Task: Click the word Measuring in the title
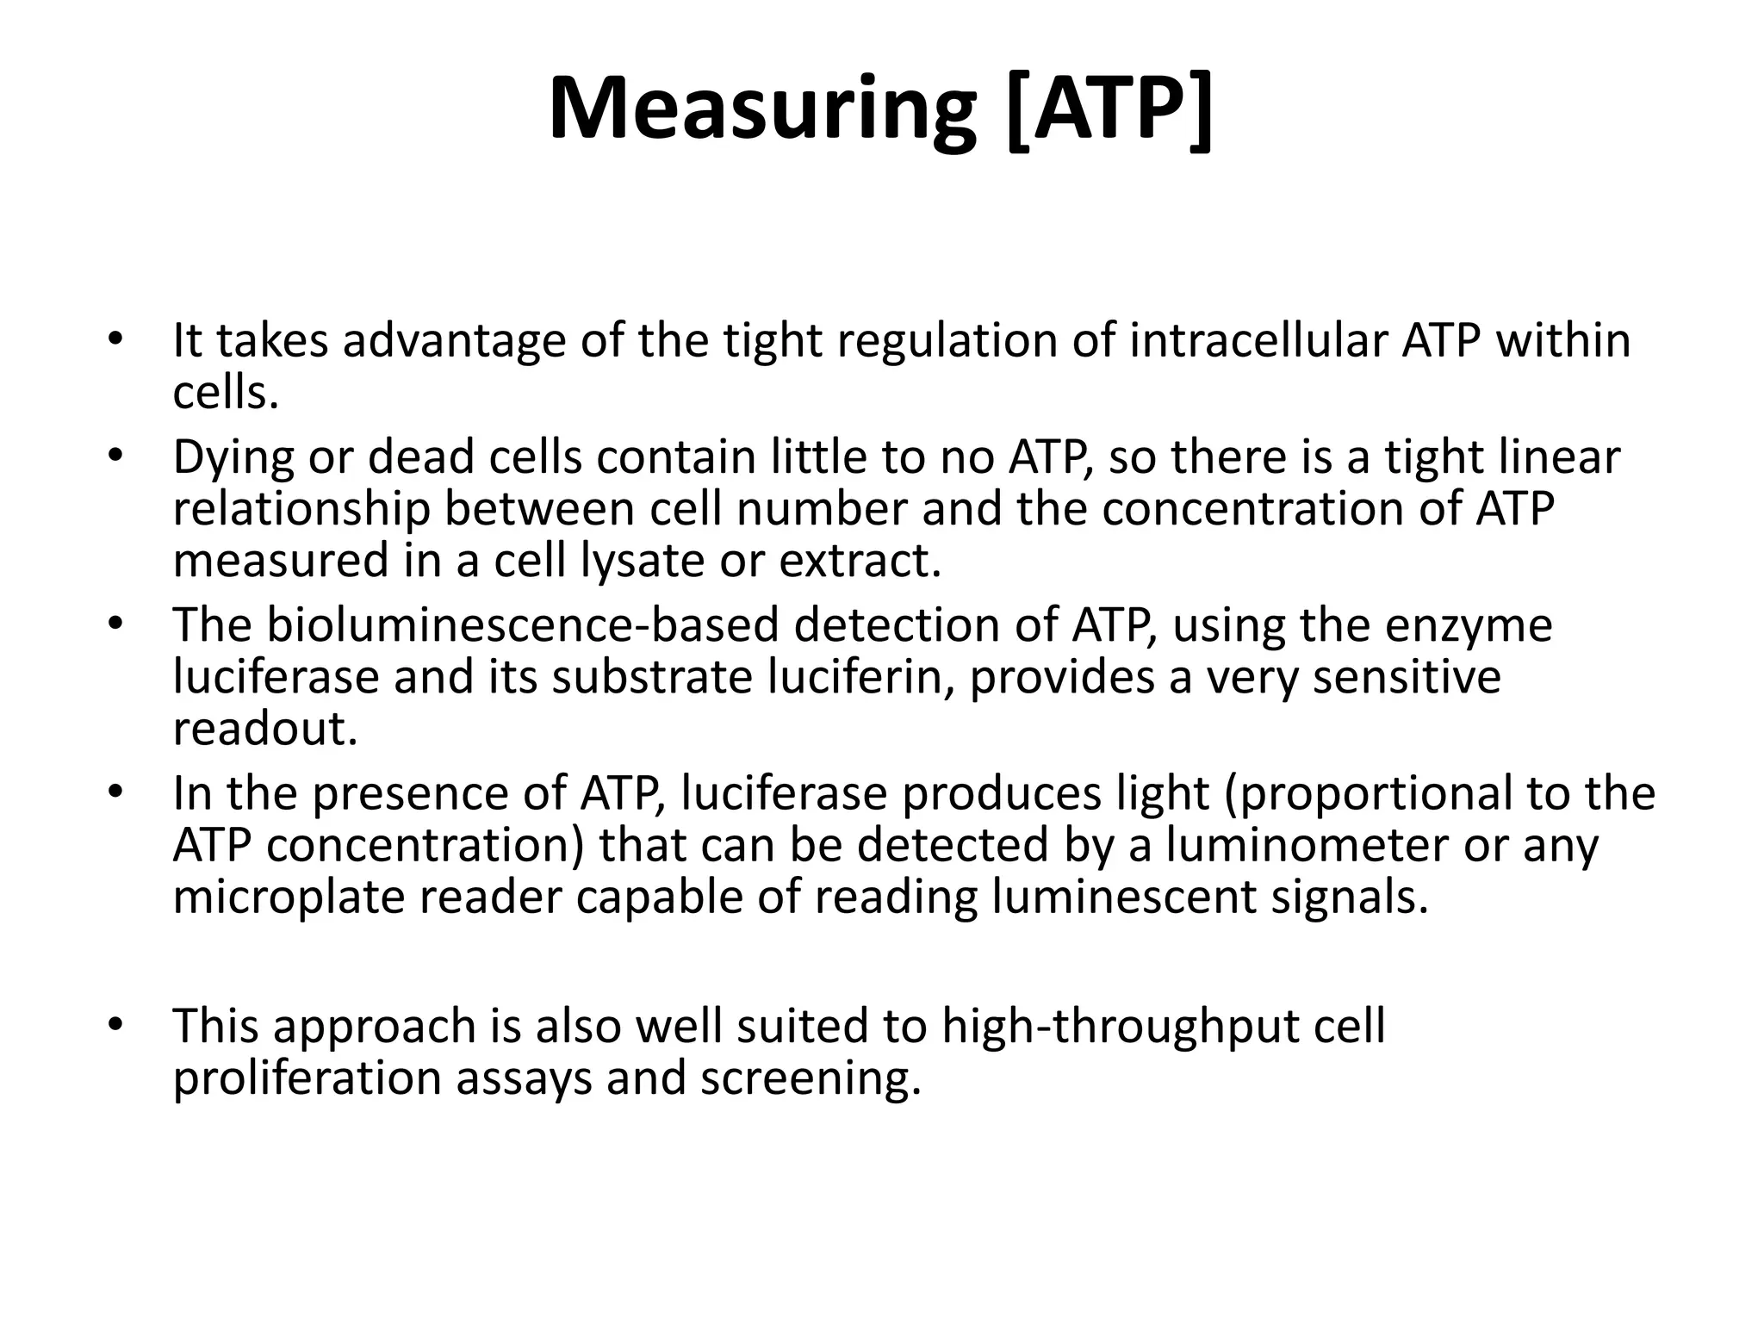point(762,109)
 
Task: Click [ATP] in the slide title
point(1109,109)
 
